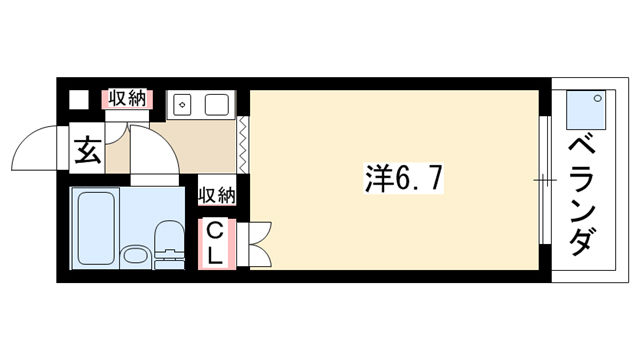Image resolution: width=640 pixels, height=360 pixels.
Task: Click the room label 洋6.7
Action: [x=403, y=178]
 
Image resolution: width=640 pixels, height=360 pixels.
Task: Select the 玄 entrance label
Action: [x=87, y=150]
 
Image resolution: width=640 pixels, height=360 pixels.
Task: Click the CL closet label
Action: [x=215, y=245]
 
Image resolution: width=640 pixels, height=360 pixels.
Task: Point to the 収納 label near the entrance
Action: [x=127, y=99]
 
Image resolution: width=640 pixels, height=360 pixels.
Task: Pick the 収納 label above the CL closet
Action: [x=217, y=196]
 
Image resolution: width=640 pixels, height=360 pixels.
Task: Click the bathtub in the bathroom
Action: [x=96, y=228]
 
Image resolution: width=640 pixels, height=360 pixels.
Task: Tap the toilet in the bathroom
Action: [x=170, y=244]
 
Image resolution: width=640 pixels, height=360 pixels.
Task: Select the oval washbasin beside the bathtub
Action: [x=137, y=256]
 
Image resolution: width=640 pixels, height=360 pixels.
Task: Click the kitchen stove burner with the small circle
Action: [x=182, y=104]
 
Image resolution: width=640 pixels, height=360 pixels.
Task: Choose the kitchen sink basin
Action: [x=216, y=105]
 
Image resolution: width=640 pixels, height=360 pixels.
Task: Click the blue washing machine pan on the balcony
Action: [x=586, y=109]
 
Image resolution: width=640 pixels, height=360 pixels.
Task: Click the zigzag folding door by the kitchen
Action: [x=243, y=144]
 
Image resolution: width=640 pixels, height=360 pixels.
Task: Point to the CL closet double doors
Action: [x=259, y=244]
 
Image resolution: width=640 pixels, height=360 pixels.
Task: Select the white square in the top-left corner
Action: [x=79, y=99]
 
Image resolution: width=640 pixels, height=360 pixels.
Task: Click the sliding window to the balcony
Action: [x=544, y=180]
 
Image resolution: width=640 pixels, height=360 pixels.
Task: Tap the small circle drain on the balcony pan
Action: [x=598, y=98]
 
